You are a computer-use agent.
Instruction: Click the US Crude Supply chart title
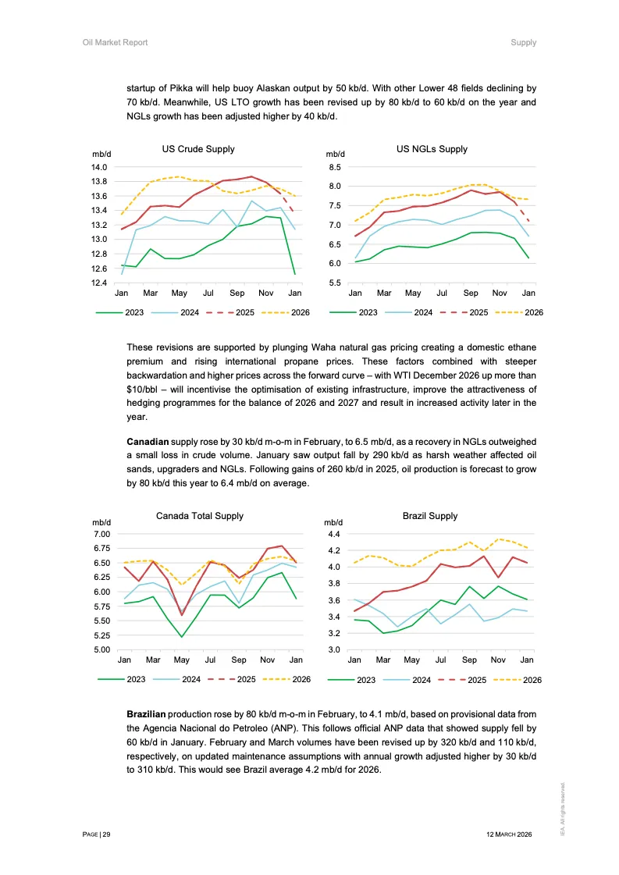pos(198,149)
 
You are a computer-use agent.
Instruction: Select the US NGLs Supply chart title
pos(432,149)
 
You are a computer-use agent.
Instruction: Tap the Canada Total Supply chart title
pos(200,516)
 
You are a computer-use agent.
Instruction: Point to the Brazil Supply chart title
pos(430,516)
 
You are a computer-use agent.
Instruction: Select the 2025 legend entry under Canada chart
pos(245,680)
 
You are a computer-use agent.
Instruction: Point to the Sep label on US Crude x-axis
pos(237,293)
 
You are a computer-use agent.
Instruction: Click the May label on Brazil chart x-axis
pos(411,660)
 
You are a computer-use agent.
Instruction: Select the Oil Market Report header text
pos(115,42)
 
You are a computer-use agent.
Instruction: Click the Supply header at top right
pos(523,42)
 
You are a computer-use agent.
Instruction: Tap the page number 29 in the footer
pos(106,834)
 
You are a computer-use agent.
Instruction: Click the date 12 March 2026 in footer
pos(509,834)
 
